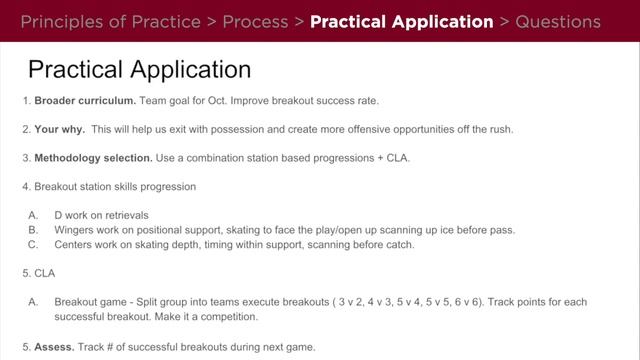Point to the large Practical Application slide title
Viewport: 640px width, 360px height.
pyautogui.click(x=139, y=70)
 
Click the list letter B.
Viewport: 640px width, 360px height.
pyautogui.click(x=33, y=229)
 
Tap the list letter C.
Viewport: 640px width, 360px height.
pyautogui.click(x=33, y=244)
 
